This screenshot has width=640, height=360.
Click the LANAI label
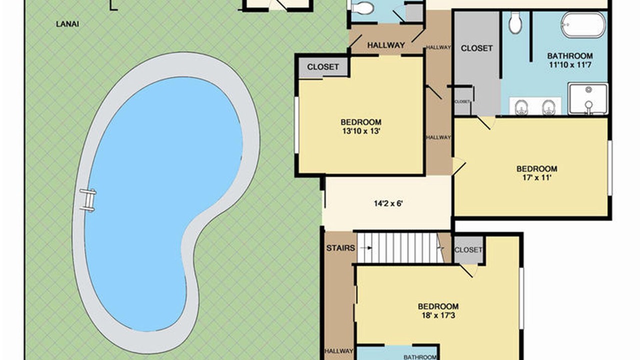(x=67, y=24)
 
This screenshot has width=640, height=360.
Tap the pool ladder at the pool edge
(x=87, y=200)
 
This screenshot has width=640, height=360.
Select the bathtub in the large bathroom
(x=583, y=25)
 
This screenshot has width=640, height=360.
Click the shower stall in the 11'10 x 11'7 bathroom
(x=587, y=99)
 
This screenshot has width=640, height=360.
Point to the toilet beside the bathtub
(x=515, y=23)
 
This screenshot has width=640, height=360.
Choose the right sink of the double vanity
(x=549, y=107)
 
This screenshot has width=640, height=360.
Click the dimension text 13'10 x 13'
(x=361, y=131)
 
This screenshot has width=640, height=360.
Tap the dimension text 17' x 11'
(x=536, y=177)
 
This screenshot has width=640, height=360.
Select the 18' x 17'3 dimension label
(x=438, y=315)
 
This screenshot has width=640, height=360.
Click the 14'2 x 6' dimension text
(x=388, y=203)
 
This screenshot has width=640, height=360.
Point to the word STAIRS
(x=340, y=248)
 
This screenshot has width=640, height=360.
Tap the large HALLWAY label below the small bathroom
(x=386, y=45)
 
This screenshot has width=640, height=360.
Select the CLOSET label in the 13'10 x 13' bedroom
(x=323, y=67)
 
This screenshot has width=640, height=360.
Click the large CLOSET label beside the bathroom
(x=476, y=48)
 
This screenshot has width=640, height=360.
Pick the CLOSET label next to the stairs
(x=468, y=250)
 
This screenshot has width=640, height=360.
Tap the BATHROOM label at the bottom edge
(x=420, y=357)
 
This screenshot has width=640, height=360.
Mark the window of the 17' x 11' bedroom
(x=609, y=168)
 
